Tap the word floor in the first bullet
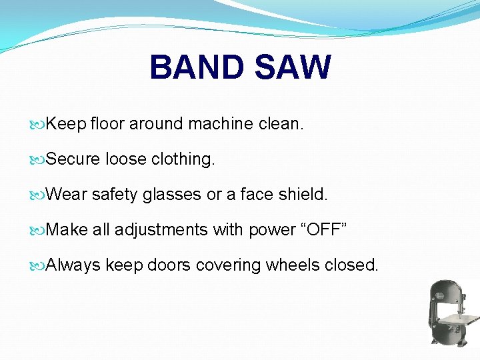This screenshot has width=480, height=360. point(107,124)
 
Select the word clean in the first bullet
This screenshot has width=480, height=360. point(278,124)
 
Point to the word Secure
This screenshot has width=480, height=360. point(73,159)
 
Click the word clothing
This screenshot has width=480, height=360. point(183,159)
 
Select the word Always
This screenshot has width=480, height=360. point(73,265)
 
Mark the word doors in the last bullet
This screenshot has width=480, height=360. point(169,265)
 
